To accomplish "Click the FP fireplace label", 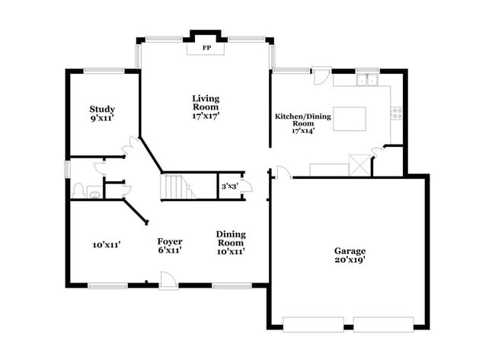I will tap(206, 48).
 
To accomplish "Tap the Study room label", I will tap(102, 109).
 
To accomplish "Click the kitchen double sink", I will tap(367, 79).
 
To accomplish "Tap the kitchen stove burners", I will tap(396, 113).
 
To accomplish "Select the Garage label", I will tap(350, 250).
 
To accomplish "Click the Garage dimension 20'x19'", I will tap(350, 260).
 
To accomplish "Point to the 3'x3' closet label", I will tap(228, 186).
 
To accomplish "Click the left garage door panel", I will tap(312, 323).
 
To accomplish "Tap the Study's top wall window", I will tap(104, 72).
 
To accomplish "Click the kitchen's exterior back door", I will tap(322, 76).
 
